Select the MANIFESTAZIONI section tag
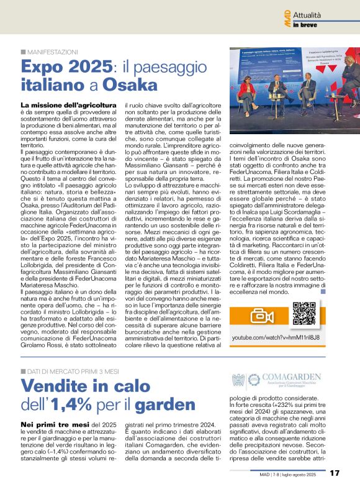tap(52, 52)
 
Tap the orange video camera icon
tap(262, 315)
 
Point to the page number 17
tap(335, 473)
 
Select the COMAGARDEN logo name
tap(292, 376)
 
